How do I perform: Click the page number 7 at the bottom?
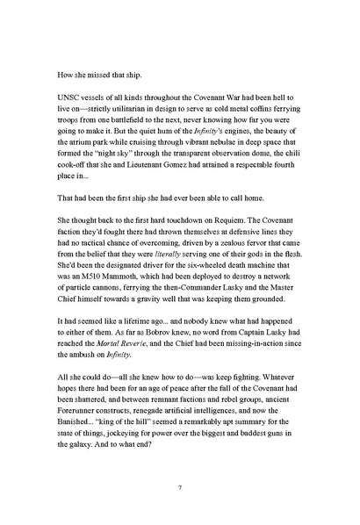[179, 487]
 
